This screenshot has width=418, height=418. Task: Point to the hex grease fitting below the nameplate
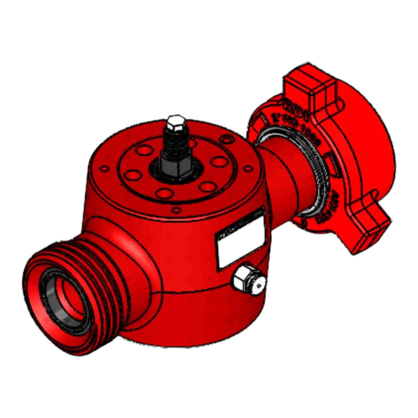coord(248,280)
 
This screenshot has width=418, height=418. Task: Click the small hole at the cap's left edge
coord(103,169)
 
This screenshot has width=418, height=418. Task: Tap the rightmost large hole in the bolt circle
coord(219,162)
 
